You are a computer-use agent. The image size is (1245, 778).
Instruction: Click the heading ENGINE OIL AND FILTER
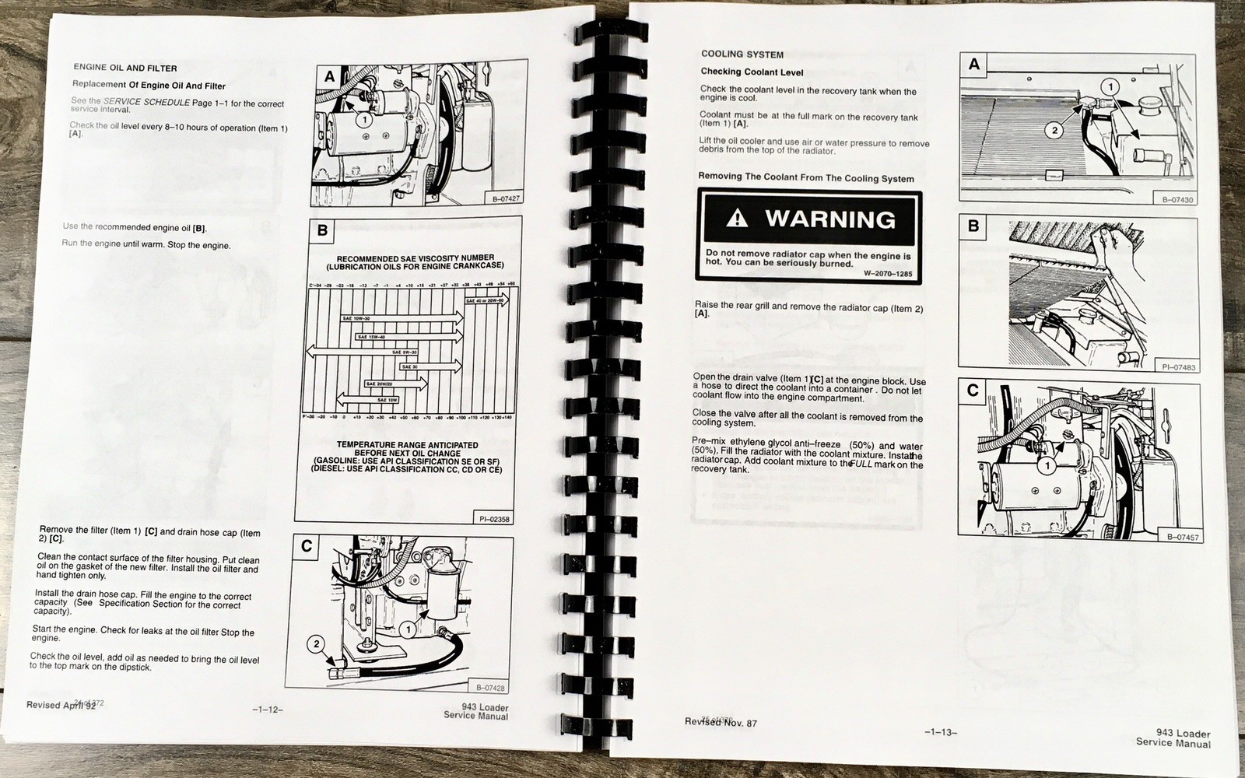point(125,68)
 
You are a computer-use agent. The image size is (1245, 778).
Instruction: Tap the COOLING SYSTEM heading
point(742,54)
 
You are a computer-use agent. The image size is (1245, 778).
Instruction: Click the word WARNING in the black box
point(830,219)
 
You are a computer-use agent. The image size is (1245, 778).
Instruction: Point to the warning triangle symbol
point(736,219)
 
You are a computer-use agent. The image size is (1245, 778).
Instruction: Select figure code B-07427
point(506,199)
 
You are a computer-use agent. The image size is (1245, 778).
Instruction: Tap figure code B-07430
point(1178,200)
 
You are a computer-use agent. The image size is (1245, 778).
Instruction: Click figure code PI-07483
point(1178,367)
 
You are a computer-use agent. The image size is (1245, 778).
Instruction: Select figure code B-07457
point(1183,537)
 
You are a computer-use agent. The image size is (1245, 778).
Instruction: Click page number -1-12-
point(267,709)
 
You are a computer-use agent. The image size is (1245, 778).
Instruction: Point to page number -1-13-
point(941,732)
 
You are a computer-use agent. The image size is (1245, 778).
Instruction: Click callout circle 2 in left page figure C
point(316,643)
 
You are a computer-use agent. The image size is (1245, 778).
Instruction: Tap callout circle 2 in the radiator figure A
point(1054,131)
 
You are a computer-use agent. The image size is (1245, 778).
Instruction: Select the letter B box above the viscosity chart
point(322,230)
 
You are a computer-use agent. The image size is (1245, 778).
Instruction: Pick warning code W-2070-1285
point(888,274)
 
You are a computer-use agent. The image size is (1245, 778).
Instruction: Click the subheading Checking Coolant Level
point(752,72)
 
